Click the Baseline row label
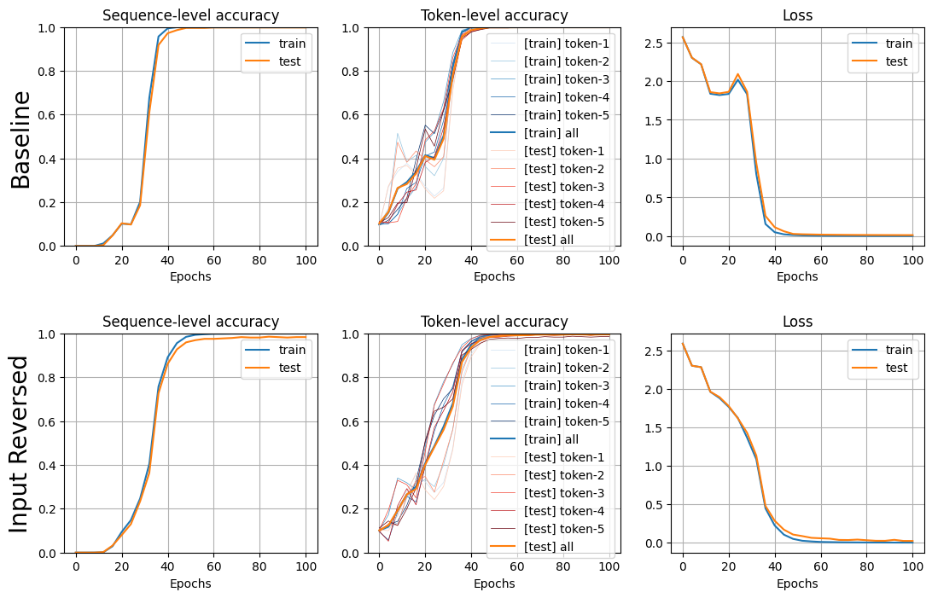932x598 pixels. click(20, 140)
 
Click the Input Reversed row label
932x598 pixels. click(20, 444)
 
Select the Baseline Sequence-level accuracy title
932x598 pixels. click(191, 15)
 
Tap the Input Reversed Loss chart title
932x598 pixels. click(797, 322)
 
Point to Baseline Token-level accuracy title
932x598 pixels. click(494, 15)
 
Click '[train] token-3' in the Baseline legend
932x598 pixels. click(567, 79)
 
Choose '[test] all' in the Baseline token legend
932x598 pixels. click(549, 240)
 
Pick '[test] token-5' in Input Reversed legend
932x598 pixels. click(564, 529)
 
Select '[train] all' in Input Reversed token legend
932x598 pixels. click(551, 439)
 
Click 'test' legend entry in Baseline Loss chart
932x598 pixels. click(896, 61)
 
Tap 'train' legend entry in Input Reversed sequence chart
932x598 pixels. click(293, 350)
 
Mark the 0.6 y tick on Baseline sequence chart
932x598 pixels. click(50, 115)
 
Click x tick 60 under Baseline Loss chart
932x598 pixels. click(821, 260)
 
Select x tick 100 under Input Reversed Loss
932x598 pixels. click(913, 566)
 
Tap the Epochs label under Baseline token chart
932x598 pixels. click(494, 276)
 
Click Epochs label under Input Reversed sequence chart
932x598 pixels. click(191, 583)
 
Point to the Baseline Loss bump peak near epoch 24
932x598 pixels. click(737, 75)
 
